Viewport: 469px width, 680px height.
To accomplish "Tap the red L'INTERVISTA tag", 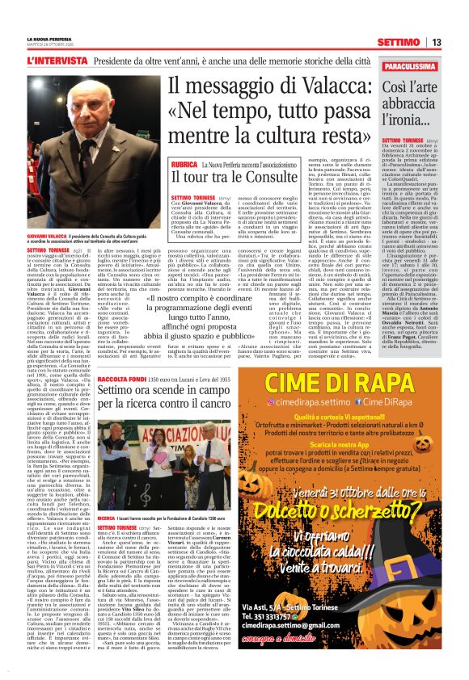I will pyautogui.click(x=56, y=61).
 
